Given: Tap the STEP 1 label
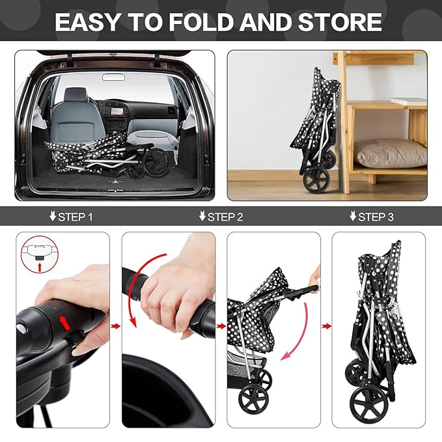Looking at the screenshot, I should [71, 217].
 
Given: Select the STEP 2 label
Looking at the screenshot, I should [221, 217].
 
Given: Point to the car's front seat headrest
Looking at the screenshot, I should [76, 96].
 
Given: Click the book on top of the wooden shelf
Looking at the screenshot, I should [409, 102].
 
